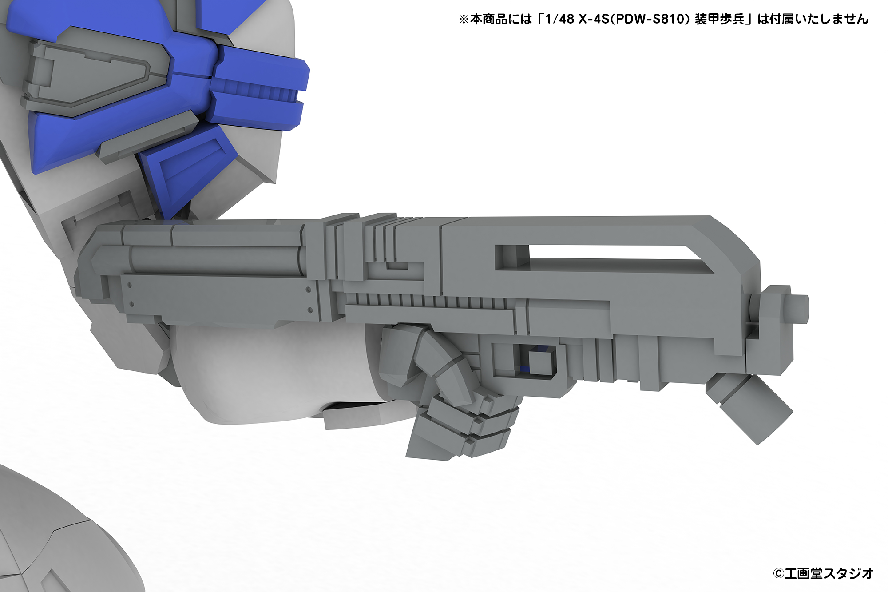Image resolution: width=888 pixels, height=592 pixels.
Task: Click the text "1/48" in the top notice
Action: [x=559, y=19]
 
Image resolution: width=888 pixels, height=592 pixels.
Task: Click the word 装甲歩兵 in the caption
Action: [x=719, y=19]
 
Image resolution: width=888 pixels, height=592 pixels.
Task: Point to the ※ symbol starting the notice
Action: [x=464, y=20]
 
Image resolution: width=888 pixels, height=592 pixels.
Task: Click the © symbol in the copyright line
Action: [x=778, y=573]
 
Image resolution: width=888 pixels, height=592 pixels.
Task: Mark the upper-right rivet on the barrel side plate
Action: [x=308, y=289]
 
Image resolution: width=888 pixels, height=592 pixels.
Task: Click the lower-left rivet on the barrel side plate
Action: [x=131, y=305]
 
